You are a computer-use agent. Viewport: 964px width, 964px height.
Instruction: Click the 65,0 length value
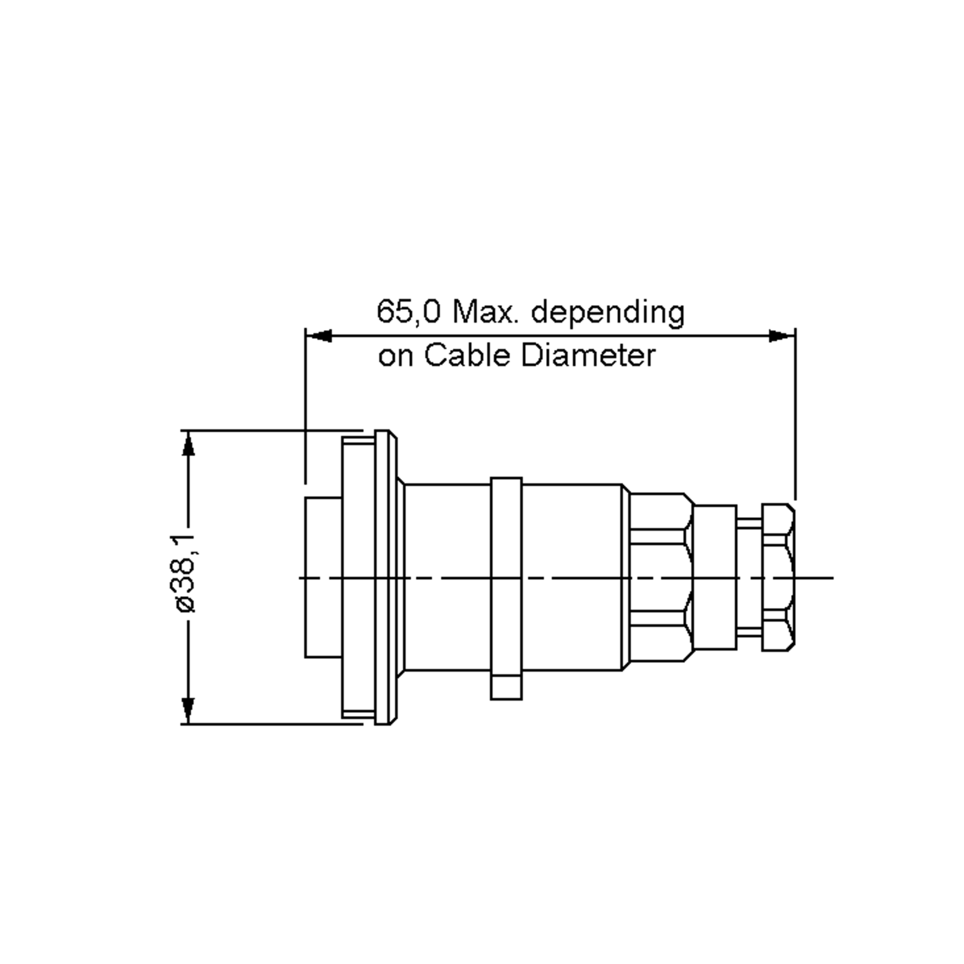(408, 312)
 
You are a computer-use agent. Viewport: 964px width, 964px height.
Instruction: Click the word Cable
(467, 356)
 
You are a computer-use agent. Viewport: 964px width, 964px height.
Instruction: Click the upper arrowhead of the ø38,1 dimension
(188, 444)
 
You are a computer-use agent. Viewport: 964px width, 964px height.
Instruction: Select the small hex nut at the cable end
(777, 577)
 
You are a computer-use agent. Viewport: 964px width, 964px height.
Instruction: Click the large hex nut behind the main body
(660, 577)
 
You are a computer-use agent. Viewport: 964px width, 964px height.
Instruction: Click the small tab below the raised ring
(506, 688)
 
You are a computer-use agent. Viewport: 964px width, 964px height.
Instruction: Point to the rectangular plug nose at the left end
(323, 577)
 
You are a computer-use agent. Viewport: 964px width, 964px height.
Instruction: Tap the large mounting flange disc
(382, 577)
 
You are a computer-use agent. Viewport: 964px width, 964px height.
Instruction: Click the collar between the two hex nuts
(715, 577)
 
